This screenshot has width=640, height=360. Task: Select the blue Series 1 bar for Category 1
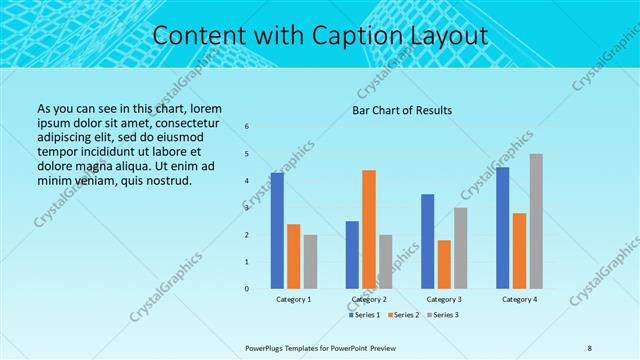coord(277,230)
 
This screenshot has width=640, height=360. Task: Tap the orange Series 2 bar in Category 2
coord(369,229)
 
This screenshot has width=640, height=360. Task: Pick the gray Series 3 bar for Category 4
coord(536,221)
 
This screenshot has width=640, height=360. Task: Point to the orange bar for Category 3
coord(444,264)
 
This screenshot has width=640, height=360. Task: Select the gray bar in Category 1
coord(310,261)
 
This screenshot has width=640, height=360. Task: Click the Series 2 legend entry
coord(403,315)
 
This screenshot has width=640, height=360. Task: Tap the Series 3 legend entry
coord(445,315)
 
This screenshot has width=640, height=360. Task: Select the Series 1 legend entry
coord(362,315)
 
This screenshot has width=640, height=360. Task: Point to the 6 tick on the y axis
coord(248,127)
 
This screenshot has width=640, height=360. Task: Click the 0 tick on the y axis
coord(248,289)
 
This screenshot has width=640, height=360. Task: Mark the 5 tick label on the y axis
coord(248,154)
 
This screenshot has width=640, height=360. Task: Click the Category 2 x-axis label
coord(369,299)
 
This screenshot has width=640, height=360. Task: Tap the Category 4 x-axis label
coord(519,299)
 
